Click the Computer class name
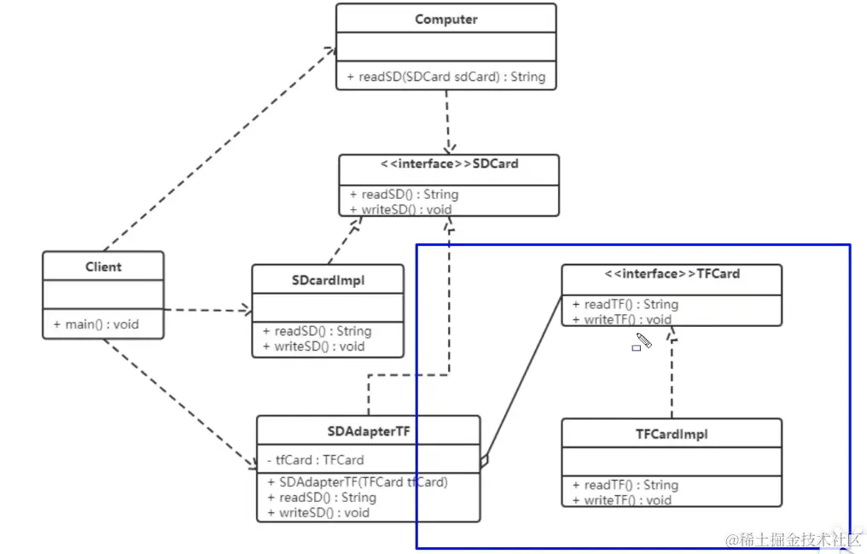[x=445, y=19]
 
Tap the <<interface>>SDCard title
[x=449, y=164]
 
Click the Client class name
[x=103, y=267]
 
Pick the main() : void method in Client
[x=96, y=324]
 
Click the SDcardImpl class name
[x=328, y=280]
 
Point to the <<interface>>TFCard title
[x=672, y=274]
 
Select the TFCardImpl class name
[x=672, y=434]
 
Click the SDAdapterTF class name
[x=369, y=432]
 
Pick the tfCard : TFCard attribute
[x=315, y=459]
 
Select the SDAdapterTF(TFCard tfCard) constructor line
[x=357, y=482]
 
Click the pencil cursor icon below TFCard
[x=643, y=341]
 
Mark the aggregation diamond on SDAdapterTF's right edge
[x=485, y=461]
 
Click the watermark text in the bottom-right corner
[x=794, y=540]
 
